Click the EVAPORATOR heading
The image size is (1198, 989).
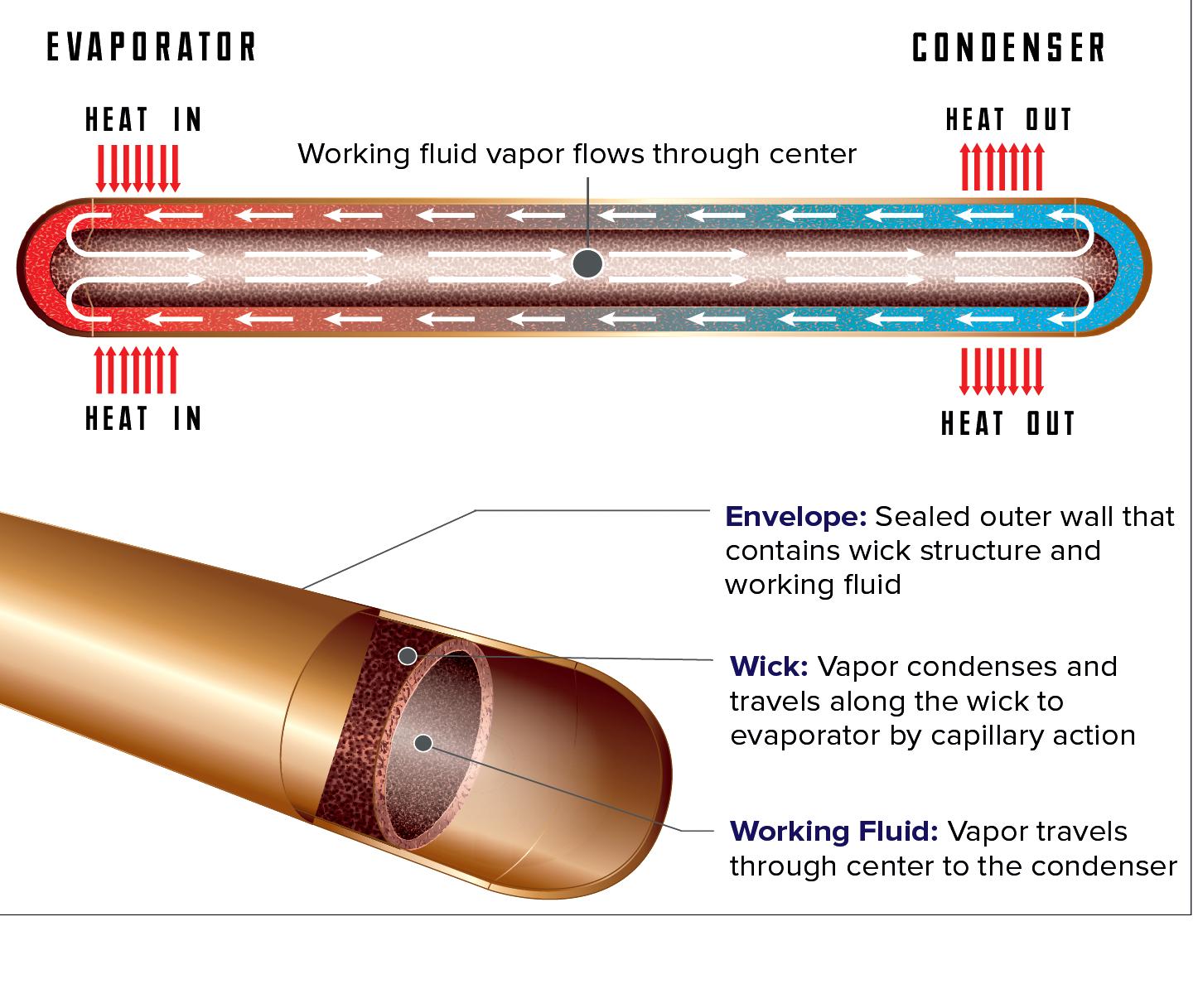pyautogui.click(x=152, y=48)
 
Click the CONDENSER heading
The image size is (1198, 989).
pyautogui.click(x=1008, y=48)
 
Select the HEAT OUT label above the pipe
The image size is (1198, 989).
pyautogui.click(x=1008, y=121)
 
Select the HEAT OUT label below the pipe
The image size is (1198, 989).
pyautogui.click(x=1008, y=424)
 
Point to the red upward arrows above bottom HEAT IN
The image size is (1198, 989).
pyautogui.click(x=137, y=370)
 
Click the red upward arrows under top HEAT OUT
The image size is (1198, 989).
pyautogui.click(x=1002, y=166)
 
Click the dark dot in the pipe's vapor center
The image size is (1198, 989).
pyautogui.click(x=587, y=264)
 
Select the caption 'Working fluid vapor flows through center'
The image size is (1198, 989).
pyautogui.click(x=577, y=154)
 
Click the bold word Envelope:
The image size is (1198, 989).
pyautogui.click(x=795, y=517)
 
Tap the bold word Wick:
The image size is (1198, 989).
pyautogui.click(x=768, y=667)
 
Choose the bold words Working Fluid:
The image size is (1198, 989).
pyautogui.click(x=833, y=831)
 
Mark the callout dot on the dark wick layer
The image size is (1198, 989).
pyautogui.click(x=407, y=656)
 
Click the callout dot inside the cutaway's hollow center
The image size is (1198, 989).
pyautogui.click(x=423, y=742)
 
